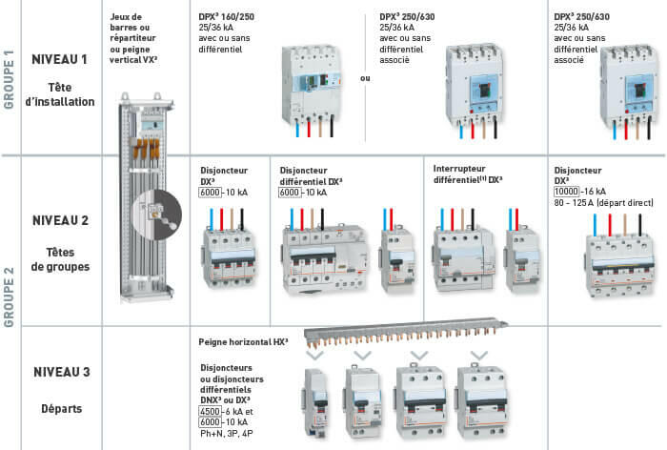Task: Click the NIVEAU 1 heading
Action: tap(60, 59)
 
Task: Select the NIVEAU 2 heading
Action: tap(60, 220)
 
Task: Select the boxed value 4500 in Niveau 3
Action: tap(211, 410)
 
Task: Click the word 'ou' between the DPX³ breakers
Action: tap(364, 79)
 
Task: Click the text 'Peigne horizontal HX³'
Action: tap(243, 340)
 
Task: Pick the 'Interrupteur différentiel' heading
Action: tap(466, 168)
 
